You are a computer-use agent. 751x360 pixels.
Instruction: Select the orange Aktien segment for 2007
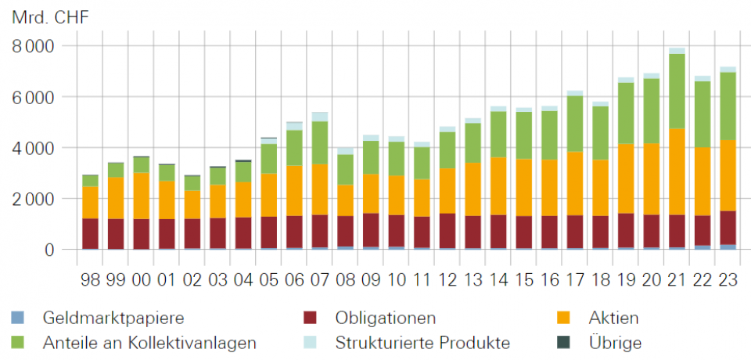[x=320, y=189]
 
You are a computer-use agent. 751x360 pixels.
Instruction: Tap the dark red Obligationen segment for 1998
[x=91, y=233]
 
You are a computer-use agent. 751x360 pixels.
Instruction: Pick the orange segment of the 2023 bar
[x=728, y=175]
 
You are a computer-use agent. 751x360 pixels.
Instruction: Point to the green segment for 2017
[x=575, y=124]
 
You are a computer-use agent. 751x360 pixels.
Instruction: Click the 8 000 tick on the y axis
[x=34, y=46]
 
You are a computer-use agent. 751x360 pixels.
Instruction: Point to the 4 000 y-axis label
[x=34, y=148]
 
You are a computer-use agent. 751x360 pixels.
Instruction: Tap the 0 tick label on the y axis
[x=48, y=250]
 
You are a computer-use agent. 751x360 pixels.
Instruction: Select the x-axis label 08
[x=345, y=279]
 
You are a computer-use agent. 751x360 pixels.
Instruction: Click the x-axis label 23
[x=728, y=279]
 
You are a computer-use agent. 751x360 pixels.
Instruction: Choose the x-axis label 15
[x=523, y=279]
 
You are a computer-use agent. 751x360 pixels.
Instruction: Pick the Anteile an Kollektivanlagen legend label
[x=149, y=342]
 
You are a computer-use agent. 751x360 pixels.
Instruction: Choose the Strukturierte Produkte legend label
[x=422, y=342]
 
